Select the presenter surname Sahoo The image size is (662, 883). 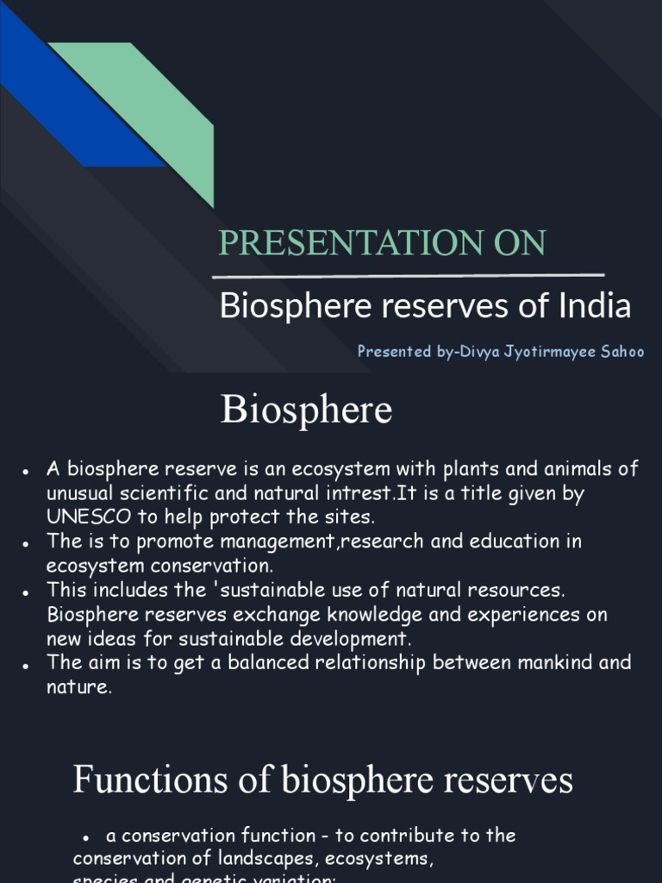click(619, 352)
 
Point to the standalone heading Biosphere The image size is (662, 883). click(306, 410)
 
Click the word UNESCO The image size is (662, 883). click(90, 517)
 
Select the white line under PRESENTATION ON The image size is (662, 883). click(408, 277)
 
